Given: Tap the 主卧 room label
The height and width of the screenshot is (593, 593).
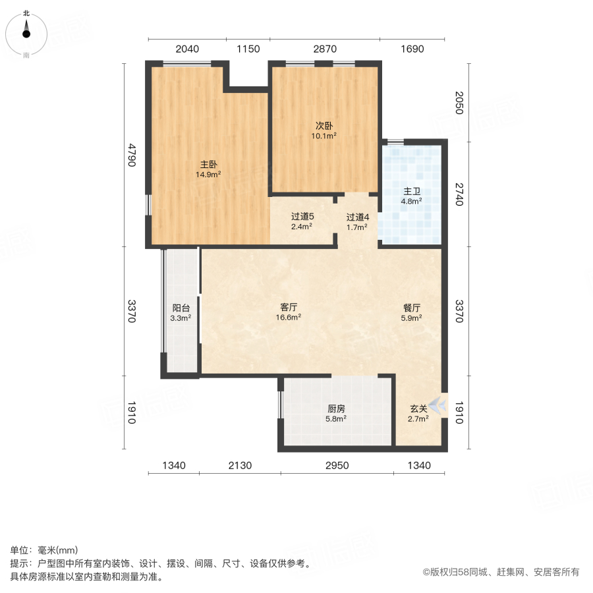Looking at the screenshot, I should [208, 165].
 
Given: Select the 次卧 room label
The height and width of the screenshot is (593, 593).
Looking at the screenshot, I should [323, 125].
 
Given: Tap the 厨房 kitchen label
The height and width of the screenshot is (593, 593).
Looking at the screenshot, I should [337, 408].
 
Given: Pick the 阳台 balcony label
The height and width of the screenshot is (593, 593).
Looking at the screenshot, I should [181, 308].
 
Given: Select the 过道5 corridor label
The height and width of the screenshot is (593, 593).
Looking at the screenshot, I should [302, 216].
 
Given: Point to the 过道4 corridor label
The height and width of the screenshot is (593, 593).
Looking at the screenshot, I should [358, 216].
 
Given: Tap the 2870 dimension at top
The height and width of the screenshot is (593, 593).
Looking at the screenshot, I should [325, 49].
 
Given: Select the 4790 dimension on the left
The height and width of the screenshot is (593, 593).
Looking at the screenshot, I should [132, 155].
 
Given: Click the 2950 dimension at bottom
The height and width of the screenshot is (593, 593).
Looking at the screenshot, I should [337, 466].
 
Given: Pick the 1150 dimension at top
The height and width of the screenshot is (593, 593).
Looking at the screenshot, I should [249, 49].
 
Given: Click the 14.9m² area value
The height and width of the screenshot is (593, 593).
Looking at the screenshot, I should [208, 175].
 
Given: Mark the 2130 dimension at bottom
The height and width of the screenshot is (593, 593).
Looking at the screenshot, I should [240, 466].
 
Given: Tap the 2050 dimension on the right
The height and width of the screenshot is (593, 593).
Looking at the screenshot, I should [459, 102].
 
